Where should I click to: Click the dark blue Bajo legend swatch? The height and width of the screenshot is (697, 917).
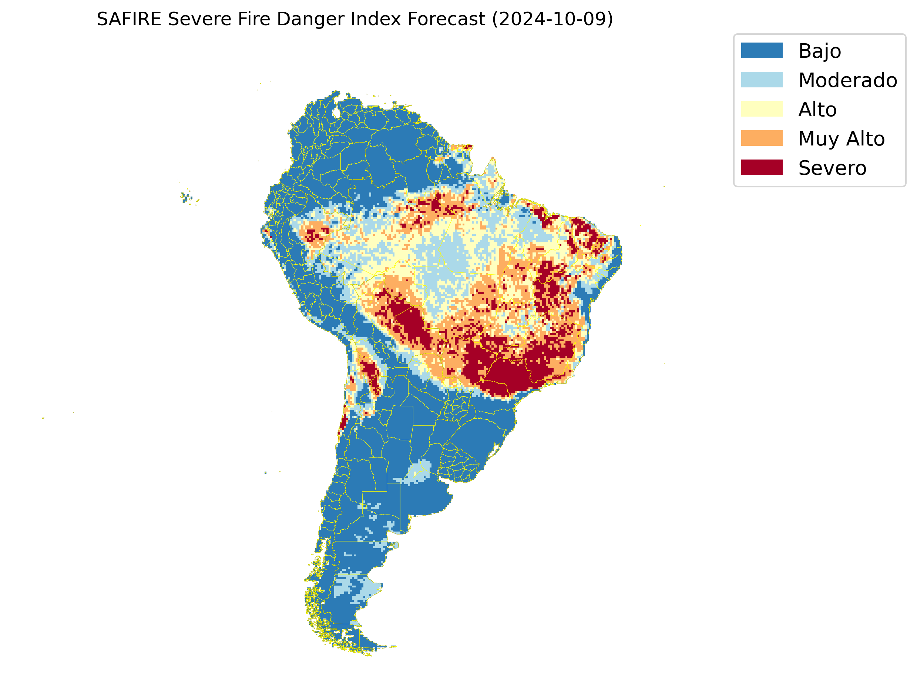[762, 51]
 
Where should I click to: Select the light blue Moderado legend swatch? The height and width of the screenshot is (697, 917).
[762, 80]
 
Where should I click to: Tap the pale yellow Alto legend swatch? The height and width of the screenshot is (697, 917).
[762, 109]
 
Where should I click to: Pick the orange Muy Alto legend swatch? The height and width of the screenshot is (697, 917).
[762, 138]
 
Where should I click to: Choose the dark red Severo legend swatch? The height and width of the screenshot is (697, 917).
[762, 168]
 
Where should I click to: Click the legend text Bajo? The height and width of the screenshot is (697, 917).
[820, 51]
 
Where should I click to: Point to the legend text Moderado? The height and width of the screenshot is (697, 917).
[847, 80]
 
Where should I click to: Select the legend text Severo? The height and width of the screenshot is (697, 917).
[832, 168]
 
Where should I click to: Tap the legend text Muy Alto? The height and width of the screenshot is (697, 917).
[841, 139]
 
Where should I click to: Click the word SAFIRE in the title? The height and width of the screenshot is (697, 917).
[129, 20]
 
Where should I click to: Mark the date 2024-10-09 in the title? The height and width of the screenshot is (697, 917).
[552, 20]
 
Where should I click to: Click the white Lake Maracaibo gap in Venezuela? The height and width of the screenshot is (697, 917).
[336, 113]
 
